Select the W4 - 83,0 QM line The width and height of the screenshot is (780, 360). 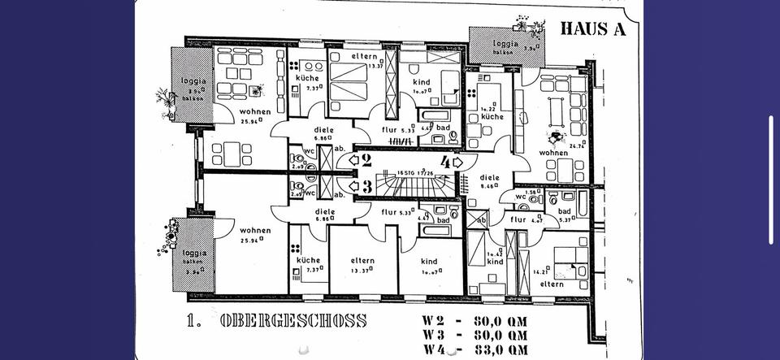tap(474, 349)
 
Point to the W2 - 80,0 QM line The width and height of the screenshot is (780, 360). tap(474, 319)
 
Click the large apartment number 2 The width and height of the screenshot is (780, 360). tap(366, 161)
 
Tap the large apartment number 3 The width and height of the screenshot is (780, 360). tap(366, 186)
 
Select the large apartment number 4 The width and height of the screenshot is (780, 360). tap(445, 162)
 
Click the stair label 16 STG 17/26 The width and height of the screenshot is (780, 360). tap(417, 172)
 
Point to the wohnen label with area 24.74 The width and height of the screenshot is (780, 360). tap(552, 152)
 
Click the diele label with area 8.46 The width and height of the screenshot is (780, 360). tap(488, 180)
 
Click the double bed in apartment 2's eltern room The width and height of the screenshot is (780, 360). tap(348, 81)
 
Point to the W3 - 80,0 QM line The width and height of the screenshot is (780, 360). tap(474, 334)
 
